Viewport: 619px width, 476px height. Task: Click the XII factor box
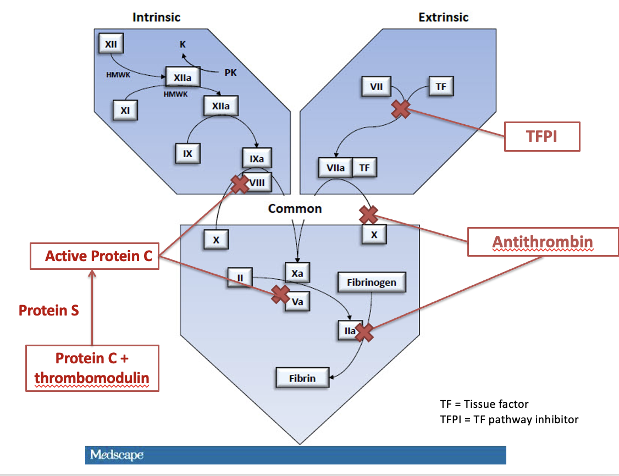(x=111, y=43)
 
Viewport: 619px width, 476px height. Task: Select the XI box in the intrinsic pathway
(x=125, y=110)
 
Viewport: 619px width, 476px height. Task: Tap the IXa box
(x=257, y=158)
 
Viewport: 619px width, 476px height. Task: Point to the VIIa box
(x=335, y=168)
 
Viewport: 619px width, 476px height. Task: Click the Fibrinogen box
(x=372, y=282)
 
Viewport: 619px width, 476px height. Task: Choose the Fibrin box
(x=302, y=378)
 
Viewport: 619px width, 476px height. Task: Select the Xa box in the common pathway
(x=297, y=273)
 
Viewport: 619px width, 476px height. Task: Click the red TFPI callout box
(x=542, y=136)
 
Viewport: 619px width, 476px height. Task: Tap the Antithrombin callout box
(x=543, y=242)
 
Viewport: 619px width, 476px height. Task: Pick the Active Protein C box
(x=95, y=256)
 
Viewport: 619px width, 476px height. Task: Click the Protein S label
(x=48, y=310)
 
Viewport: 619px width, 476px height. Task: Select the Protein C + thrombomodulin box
(x=92, y=368)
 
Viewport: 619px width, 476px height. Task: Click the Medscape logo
(x=117, y=455)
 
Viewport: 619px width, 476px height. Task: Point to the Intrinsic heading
(x=156, y=18)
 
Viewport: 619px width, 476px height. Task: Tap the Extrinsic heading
(x=443, y=18)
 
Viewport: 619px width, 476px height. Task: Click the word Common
(x=295, y=208)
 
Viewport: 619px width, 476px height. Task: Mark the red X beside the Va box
(x=281, y=295)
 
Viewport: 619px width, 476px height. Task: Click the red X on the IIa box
(x=364, y=333)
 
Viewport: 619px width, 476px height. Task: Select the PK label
(x=230, y=73)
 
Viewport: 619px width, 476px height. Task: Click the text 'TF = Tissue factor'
(x=484, y=404)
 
